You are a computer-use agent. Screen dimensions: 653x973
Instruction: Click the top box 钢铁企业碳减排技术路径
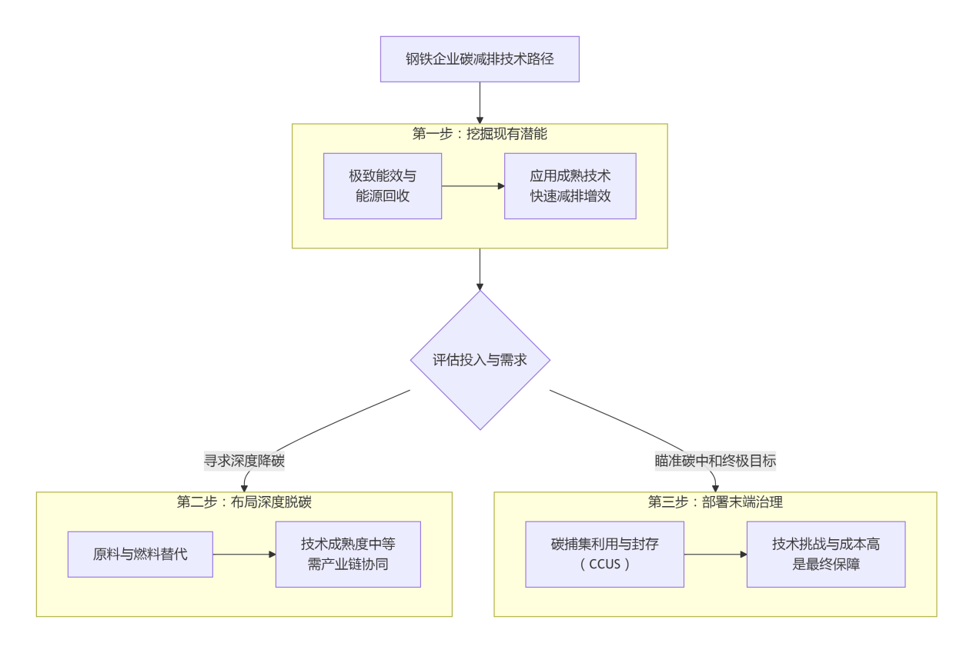tap(480, 59)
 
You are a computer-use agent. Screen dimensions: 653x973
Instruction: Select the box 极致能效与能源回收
tap(383, 186)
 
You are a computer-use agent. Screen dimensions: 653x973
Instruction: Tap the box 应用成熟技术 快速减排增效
tap(570, 186)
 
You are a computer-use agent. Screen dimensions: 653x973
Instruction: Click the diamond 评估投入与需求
tap(480, 360)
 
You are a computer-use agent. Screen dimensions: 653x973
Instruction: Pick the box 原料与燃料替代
tap(140, 554)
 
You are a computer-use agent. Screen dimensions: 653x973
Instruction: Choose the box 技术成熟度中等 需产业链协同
tap(348, 554)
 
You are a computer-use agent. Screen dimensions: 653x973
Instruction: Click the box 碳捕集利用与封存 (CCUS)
tap(604, 554)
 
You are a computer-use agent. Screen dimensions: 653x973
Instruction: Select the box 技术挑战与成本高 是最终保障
tap(825, 554)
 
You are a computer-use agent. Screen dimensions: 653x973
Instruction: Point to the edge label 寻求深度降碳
tap(244, 461)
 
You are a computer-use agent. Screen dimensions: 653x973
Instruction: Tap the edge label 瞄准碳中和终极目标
tap(715, 461)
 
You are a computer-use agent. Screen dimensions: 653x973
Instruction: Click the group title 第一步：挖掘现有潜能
tap(480, 134)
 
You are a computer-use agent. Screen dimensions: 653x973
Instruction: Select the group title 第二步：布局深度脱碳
tap(244, 502)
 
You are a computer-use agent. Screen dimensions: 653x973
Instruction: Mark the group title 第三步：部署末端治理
tap(715, 502)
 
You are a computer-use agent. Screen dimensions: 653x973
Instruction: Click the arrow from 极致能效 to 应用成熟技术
tap(473, 186)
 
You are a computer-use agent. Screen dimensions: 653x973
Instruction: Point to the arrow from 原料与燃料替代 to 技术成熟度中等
tap(244, 554)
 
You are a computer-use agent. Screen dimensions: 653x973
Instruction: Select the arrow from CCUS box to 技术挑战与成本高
tap(715, 554)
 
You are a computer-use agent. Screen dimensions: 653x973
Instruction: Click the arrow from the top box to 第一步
tap(480, 102)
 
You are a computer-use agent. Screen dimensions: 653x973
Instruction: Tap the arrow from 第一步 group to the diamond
tap(480, 268)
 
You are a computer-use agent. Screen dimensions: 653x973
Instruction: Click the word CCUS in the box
tap(605, 564)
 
